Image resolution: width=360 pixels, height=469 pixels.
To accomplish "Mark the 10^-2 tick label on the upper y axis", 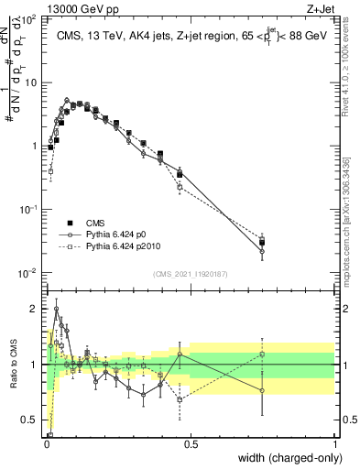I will point(29,273).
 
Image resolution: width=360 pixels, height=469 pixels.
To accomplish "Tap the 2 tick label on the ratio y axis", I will point(35,309).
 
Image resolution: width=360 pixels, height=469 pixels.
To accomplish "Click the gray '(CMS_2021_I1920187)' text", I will point(191,274).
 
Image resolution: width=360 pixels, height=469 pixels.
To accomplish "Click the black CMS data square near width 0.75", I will point(262,243).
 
